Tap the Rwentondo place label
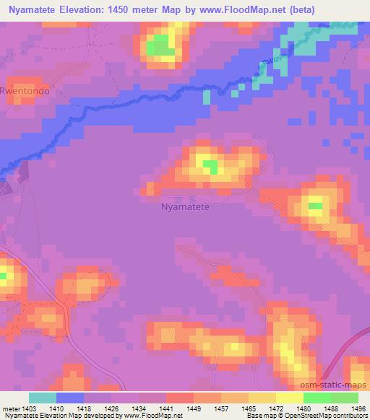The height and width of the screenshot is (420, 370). [27, 92]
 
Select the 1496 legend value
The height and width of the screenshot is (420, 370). [358, 408]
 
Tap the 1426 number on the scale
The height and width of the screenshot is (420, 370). [111, 408]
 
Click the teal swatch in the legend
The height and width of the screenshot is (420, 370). [42, 398]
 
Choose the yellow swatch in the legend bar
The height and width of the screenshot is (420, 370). [290, 398]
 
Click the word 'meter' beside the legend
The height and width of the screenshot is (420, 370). [12, 408]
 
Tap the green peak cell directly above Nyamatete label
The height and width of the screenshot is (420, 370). [210, 167]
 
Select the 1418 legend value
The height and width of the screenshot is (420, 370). [84, 408]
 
